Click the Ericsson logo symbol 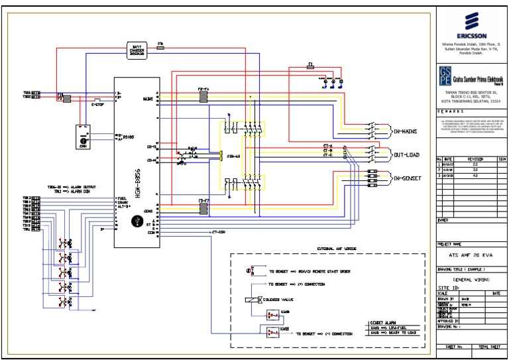(472, 19)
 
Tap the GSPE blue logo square (444, 76)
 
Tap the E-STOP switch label (99, 104)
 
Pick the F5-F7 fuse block (203, 208)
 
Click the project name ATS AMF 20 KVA (471, 255)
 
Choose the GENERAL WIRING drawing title (471, 280)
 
